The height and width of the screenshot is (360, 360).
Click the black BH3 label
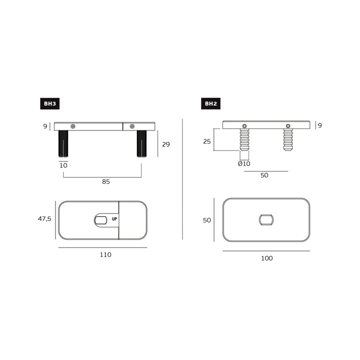point(49,104)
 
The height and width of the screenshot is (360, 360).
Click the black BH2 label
point(210,104)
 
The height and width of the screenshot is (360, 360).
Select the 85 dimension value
point(106,181)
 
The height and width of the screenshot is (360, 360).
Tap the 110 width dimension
point(105,254)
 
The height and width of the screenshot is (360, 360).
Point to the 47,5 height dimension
point(44,218)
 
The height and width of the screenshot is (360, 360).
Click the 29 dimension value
point(166,144)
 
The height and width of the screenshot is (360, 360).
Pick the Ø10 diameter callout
point(244,163)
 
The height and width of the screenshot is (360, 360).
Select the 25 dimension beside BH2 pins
point(206,141)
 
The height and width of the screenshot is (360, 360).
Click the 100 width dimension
point(267,258)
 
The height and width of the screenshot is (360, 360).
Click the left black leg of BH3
point(63,143)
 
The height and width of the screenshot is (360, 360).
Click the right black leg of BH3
point(141,143)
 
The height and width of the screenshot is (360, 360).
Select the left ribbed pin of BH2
point(244,139)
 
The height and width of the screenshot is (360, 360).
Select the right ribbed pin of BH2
point(288,139)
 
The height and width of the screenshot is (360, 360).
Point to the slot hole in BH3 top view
point(100,219)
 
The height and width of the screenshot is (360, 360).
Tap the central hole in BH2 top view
point(266,219)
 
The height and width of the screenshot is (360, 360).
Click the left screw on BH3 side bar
point(73,126)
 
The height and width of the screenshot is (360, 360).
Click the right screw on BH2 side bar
point(288,125)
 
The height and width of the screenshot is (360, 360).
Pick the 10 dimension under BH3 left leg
point(63,165)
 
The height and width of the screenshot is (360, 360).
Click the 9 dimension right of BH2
point(319,125)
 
